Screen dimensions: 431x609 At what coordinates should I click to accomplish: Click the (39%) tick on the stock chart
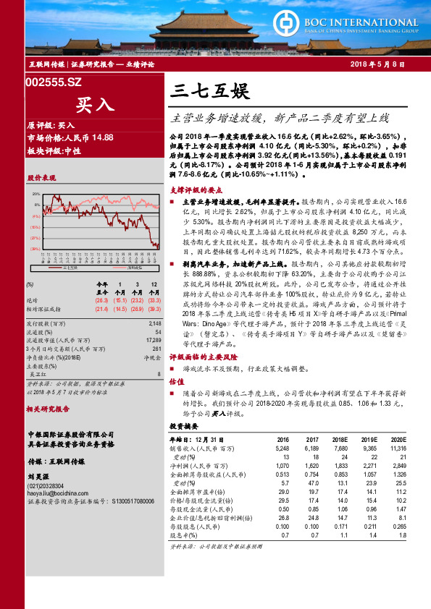coord(35,248)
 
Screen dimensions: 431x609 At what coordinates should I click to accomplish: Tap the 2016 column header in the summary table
coord(283,440)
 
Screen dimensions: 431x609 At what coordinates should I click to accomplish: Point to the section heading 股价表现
coord(41,177)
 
